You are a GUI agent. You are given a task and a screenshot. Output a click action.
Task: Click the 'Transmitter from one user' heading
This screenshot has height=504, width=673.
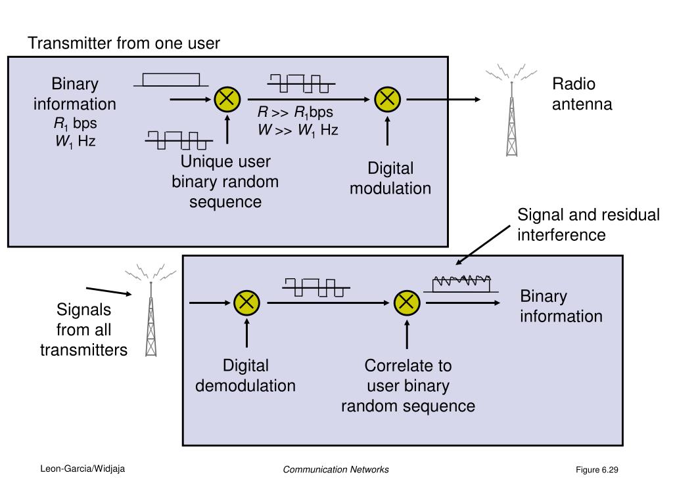(x=124, y=43)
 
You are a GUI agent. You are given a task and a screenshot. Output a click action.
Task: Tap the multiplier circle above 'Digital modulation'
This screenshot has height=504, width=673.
(x=387, y=99)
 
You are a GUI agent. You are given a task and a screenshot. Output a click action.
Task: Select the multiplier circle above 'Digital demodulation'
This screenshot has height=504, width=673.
(x=246, y=303)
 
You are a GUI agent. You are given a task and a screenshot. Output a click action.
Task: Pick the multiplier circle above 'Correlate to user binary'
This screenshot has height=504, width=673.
(x=406, y=303)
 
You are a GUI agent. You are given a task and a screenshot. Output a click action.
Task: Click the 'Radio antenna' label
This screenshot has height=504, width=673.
(x=582, y=94)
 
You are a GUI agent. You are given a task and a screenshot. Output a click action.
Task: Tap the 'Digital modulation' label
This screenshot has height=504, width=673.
(x=390, y=178)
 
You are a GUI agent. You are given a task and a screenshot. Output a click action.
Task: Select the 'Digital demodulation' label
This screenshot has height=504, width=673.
(x=245, y=375)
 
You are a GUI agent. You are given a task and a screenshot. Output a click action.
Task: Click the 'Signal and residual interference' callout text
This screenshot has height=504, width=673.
(x=588, y=225)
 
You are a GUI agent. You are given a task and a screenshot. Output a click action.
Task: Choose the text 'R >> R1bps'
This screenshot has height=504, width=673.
(x=295, y=112)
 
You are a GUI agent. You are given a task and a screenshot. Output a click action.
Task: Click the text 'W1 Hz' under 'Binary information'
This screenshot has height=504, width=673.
(x=75, y=140)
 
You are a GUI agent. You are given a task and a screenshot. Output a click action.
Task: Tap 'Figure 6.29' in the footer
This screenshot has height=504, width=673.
(x=597, y=470)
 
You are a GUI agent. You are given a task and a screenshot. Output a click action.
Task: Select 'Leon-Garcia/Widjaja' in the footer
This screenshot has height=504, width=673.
(x=83, y=469)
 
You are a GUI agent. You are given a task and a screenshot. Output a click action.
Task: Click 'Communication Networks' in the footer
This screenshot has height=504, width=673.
(x=336, y=469)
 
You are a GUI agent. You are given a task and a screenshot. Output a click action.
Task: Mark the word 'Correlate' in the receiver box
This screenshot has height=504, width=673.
(x=408, y=366)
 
